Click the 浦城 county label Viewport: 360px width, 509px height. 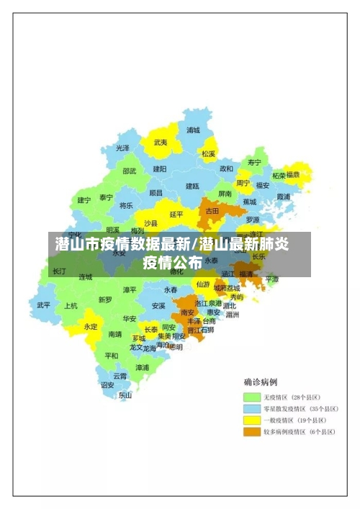coord(193,130)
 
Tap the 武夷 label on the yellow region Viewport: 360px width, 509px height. coord(161,143)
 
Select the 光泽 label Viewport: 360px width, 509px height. coord(123,148)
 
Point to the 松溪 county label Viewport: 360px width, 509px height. coord(208,153)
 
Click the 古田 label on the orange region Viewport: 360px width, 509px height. coord(212,211)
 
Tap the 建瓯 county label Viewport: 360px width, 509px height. coord(192,186)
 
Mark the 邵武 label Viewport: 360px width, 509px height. coord(129,171)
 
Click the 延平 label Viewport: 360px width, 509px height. coord(176,214)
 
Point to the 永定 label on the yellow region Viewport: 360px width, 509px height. coord(90,326)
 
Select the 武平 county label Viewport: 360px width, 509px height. coord(44,305)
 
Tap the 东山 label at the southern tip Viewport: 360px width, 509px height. coord(125,395)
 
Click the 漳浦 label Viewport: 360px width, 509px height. coord(143,367)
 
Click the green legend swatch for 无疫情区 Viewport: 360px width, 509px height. coord(251,397)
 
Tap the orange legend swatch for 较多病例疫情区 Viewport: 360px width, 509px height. coord(251,432)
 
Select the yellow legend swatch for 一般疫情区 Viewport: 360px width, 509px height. coord(251,420)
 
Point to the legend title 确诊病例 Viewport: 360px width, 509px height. coord(261,382)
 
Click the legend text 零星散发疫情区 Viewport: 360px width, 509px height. coord(284,409)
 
